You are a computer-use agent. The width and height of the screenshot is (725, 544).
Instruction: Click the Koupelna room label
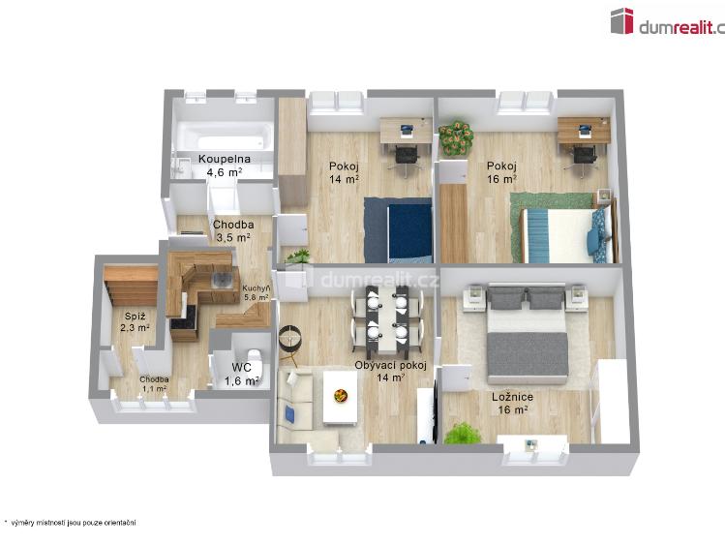pos(224,165)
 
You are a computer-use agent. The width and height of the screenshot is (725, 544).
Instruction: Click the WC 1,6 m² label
pos(241,374)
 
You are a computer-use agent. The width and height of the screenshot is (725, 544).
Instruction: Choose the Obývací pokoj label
pos(391,371)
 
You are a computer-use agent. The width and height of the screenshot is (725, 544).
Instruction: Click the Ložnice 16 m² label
pos(511,403)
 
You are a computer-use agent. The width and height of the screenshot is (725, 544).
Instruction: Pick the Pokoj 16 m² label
pos(501,171)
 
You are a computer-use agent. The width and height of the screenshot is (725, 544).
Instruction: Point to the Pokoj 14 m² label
pos(344,171)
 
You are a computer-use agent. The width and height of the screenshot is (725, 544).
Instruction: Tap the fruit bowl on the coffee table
pos(341,395)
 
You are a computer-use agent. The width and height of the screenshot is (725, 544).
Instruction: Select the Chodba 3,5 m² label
pos(233,230)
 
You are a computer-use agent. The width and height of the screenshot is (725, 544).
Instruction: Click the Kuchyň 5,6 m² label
pos(257,292)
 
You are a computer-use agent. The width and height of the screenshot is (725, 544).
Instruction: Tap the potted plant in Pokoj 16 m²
pos(451,138)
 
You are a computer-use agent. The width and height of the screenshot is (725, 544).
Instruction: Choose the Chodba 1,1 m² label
pos(154,383)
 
